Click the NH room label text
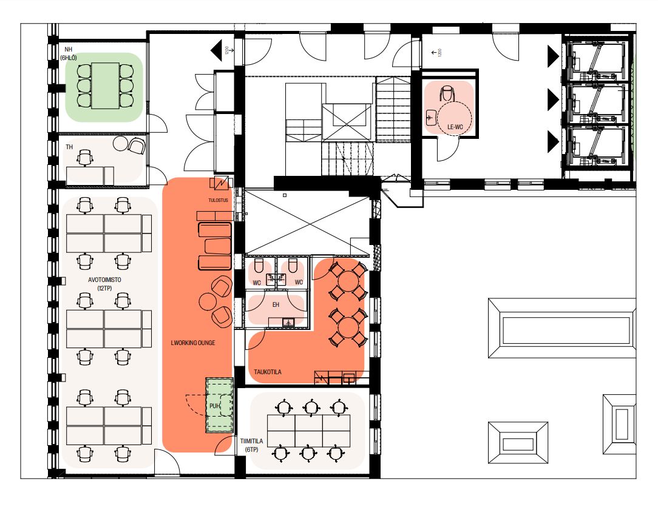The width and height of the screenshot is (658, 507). (69, 50)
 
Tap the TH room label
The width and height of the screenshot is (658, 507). (69, 147)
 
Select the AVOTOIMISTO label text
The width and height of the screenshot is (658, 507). (104, 280)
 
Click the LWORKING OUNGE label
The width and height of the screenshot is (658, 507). (193, 343)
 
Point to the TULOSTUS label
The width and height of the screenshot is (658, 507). (218, 201)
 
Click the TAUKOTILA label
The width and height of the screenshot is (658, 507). (267, 372)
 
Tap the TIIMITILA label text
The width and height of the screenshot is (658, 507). (252, 441)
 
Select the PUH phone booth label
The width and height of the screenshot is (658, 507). (214, 406)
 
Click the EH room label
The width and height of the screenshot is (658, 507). (276, 304)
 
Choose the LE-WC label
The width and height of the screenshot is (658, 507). (455, 127)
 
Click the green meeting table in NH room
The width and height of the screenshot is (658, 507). (105, 86)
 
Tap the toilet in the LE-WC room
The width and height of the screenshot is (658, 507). (447, 93)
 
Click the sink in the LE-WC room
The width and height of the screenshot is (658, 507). (431, 118)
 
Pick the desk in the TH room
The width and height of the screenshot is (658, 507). (90, 176)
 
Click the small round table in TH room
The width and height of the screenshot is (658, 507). (120, 143)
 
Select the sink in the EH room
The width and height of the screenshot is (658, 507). (288, 323)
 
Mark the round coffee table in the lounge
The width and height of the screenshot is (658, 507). (208, 301)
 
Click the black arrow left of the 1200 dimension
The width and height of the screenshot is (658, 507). (216, 50)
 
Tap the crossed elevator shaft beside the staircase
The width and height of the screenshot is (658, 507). (347, 122)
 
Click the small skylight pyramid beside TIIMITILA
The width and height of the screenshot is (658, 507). (518, 443)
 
